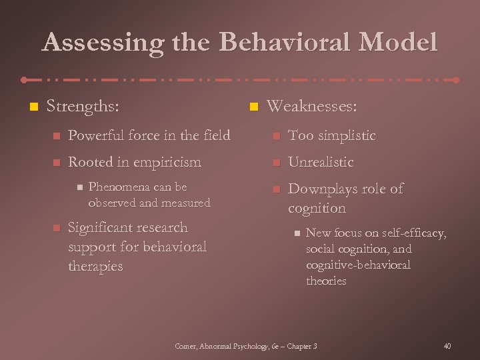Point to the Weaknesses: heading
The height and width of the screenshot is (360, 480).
pos(311,107)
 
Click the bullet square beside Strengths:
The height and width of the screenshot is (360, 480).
pos(29,107)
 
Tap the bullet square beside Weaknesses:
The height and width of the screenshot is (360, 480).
pos(253,107)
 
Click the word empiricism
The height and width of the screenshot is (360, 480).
pos(169,162)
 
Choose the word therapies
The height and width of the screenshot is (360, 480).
pos(96,266)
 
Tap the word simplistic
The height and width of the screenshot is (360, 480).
pos(347,135)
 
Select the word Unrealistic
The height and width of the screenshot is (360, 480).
pos(321,162)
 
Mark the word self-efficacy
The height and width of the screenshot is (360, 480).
pos(413,233)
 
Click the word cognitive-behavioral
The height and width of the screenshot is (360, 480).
pos(358,265)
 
